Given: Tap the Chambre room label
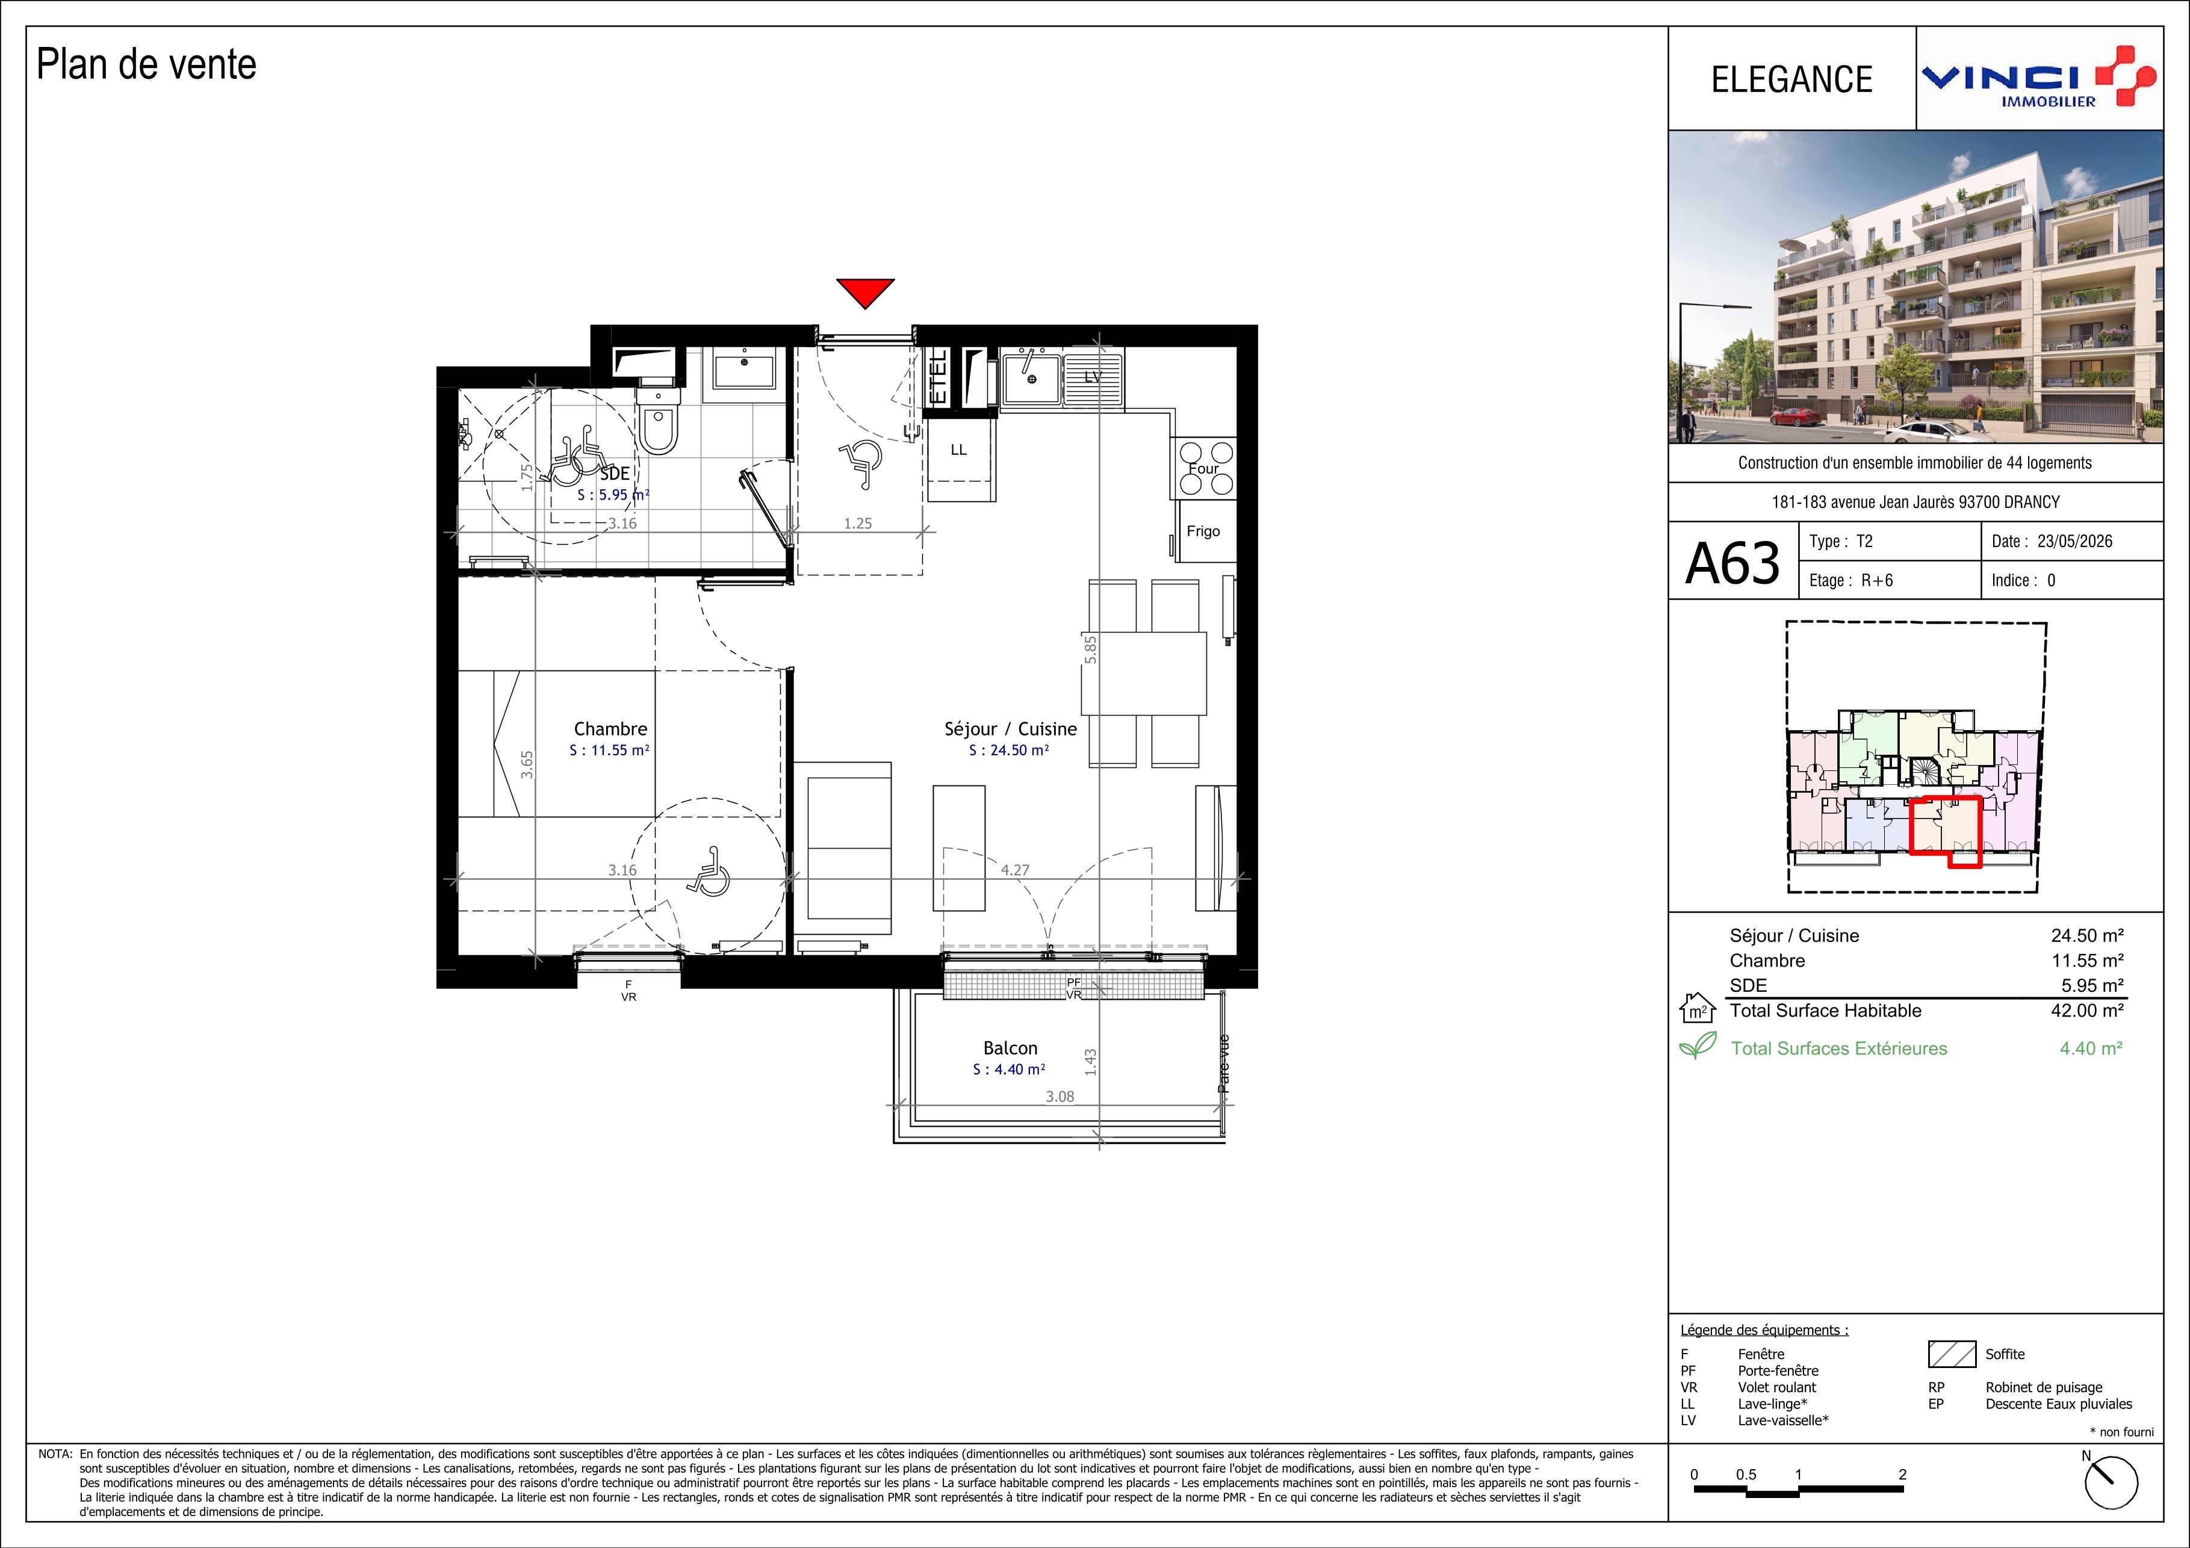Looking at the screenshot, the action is click(610, 729).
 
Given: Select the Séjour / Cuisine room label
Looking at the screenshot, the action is click(1010, 729).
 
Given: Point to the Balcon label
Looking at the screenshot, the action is click(1010, 1047).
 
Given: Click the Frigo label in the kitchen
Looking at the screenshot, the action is click(1203, 531).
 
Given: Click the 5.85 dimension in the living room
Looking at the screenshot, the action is click(1090, 649).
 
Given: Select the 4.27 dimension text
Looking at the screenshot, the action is click(1015, 870).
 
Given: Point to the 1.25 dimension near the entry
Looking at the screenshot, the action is click(857, 522).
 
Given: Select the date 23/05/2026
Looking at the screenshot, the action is click(2074, 541).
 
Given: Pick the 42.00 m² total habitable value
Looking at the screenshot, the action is click(2087, 1010).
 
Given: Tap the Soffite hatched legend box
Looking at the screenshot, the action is click(1952, 1354).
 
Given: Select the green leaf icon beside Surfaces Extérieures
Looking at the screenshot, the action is click(1698, 1047).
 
